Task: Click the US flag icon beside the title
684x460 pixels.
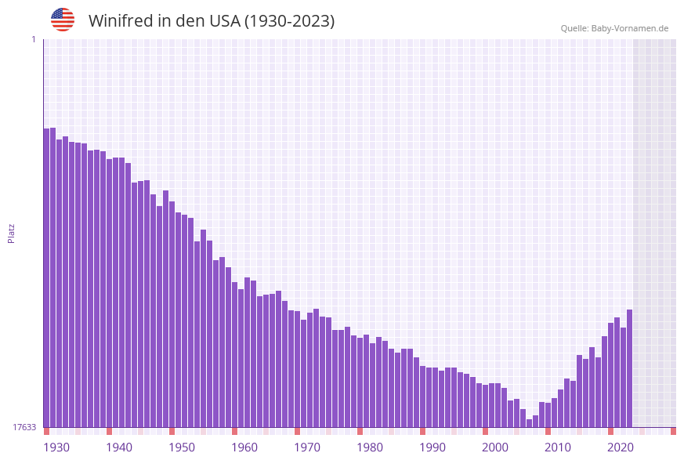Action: click(63, 20)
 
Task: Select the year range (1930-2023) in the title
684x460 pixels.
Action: click(289, 21)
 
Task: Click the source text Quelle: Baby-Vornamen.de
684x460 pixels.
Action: click(614, 28)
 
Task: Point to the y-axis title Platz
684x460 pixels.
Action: click(12, 233)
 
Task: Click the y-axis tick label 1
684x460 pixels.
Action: click(33, 39)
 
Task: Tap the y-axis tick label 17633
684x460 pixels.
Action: click(24, 427)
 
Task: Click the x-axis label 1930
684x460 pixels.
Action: click(56, 447)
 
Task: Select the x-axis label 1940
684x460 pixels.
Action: click(119, 447)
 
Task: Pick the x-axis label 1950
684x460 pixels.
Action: click(182, 447)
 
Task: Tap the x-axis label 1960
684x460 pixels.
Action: click(244, 447)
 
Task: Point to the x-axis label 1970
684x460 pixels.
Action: click(307, 447)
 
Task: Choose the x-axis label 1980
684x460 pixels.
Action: click(370, 447)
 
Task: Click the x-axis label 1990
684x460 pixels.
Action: click(432, 447)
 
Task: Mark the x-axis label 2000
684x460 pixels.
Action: click(495, 447)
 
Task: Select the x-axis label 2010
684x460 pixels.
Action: click(558, 447)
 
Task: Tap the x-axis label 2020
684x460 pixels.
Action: click(621, 447)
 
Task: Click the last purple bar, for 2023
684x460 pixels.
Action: click(629, 368)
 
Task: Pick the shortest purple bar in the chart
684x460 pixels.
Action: click(529, 423)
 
